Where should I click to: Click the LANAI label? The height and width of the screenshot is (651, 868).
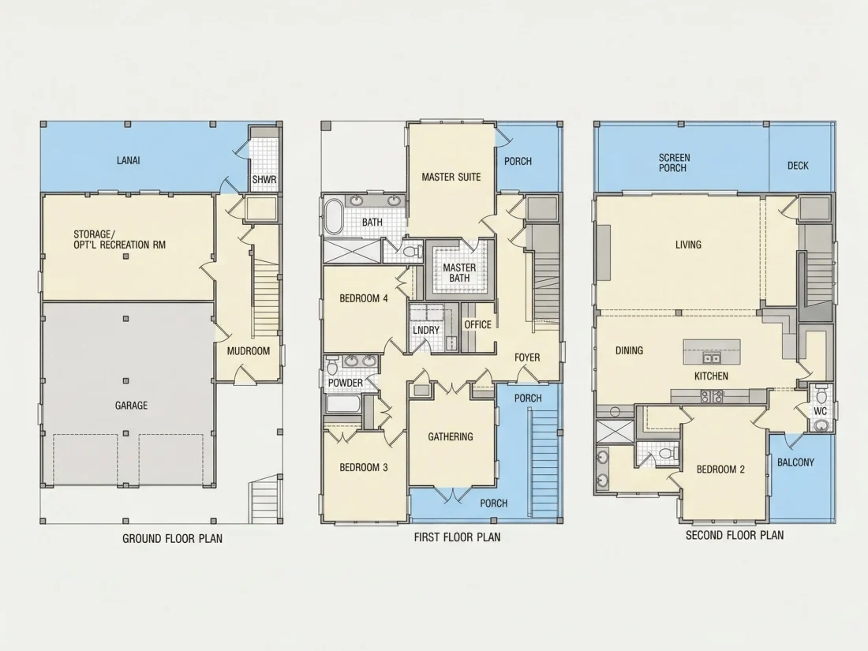tap(129, 160)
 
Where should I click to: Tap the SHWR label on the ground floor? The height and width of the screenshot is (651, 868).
tap(264, 180)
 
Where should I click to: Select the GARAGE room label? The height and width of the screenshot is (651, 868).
tap(131, 406)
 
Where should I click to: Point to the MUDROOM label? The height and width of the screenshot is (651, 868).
tap(249, 351)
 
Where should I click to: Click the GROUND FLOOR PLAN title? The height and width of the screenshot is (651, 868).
tap(172, 538)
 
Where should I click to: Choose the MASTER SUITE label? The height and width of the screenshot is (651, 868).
tap(451, 177)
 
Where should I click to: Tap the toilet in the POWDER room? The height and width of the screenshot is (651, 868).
tap(332, 366)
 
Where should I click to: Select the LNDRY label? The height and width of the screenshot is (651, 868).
tap(426, 330)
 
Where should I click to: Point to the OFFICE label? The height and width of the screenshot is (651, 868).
tap(477, 324)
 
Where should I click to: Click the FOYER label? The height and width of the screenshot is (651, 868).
tap(527, 357)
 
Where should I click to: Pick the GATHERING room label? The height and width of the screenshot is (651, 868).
tap(451, 437)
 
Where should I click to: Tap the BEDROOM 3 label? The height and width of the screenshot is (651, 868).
tap(364, 467)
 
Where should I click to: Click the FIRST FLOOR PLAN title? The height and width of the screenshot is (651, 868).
tap(457, 537)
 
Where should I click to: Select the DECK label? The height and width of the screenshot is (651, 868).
tap(798, 166)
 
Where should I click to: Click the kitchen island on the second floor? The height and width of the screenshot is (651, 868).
tap(712, 352)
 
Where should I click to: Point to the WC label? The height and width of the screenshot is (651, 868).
tap(821, 411)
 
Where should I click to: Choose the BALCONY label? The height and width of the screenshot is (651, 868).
tap(795, 462)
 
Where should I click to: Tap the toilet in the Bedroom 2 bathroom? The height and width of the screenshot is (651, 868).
tap(667, 454)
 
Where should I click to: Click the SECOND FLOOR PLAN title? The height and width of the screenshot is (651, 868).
tap(735, 535)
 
